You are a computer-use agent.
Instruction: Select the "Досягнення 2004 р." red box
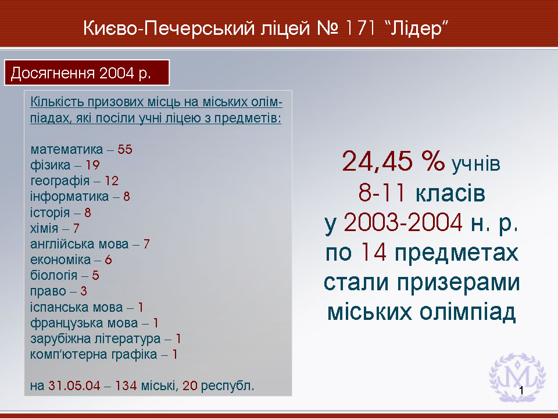pos(87,73)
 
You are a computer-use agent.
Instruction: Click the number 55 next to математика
pos(125,149)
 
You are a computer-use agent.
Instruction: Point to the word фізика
pos(50,165)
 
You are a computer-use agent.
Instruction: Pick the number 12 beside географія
pos(112,181)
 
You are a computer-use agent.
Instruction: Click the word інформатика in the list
pos(69,196)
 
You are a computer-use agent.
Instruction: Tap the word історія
pos(50,212)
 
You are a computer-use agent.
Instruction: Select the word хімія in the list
pos(44,228)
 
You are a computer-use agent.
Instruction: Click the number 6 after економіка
pos(108,260)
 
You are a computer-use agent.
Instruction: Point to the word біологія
pos(53,275)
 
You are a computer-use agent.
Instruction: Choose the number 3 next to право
pos(84,291)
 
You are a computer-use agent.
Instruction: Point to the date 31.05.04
pos(74,385)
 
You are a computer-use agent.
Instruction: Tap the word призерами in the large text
pos(459,283)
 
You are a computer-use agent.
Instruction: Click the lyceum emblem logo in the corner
pos(517,377)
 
